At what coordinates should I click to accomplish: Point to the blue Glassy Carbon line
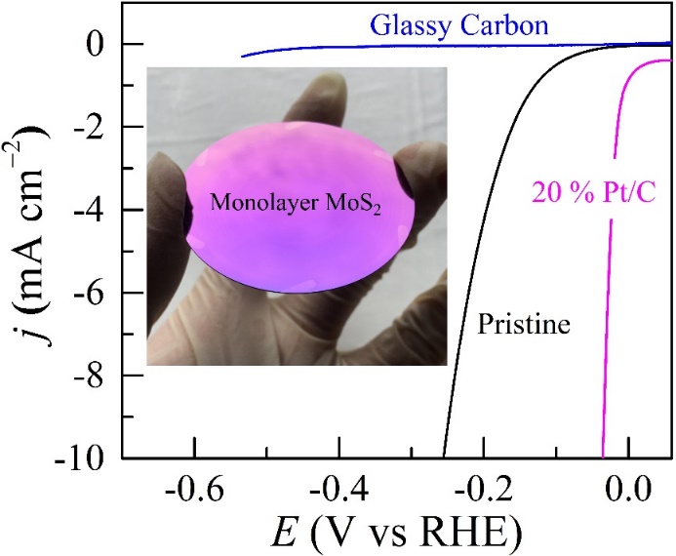pyautogui.click(x=390, y=46)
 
